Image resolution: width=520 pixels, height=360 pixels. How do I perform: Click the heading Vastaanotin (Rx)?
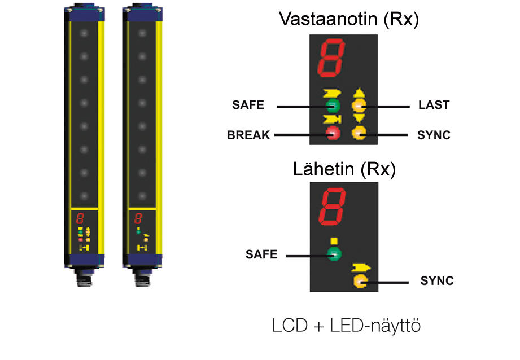348,20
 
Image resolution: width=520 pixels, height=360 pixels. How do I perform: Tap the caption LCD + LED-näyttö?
347,326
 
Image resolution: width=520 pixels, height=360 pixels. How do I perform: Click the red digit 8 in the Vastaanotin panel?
330,59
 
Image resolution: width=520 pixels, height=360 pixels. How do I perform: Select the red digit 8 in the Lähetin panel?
330,206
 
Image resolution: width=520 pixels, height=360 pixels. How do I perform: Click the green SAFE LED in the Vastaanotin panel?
333,106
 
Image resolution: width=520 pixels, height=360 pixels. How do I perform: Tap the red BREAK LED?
333,134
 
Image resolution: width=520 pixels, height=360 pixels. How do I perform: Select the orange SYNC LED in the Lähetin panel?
360,280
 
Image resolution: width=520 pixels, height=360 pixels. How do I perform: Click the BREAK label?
248,135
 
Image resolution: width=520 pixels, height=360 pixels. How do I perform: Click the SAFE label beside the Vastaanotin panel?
248,106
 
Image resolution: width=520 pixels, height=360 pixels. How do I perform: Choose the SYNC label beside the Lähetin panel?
437,280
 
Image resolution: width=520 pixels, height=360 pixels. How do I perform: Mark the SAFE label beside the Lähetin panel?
261,254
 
